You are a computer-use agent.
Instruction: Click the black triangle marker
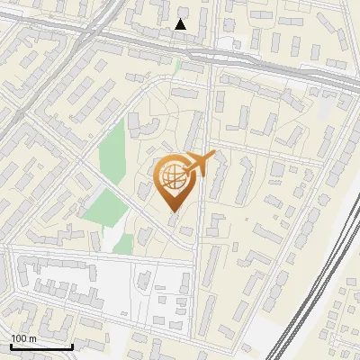(181, 24)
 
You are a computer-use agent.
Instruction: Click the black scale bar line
(41, 346)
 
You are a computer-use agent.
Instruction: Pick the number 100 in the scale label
(19, 338)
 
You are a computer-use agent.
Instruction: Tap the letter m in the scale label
(32, 338)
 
